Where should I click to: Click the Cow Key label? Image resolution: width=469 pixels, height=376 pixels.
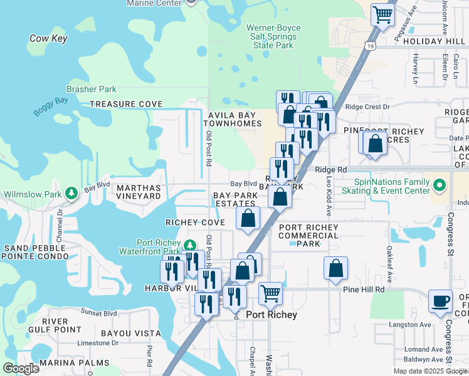48,39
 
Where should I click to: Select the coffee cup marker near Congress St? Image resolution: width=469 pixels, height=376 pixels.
440,301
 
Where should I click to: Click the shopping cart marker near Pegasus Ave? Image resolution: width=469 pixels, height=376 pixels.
382,14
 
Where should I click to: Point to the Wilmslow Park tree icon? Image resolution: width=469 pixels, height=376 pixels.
73,192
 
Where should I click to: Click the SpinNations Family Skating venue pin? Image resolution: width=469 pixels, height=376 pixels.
439,185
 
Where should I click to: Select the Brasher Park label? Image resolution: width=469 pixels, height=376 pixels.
92,90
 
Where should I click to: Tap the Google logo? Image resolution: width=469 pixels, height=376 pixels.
21,368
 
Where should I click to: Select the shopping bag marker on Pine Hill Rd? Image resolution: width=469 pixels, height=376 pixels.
336,268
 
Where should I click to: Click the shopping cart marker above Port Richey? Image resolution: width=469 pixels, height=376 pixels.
270,293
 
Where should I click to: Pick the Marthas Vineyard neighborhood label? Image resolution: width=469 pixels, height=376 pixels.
138,192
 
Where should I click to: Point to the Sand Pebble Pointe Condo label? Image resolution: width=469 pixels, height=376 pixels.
35,252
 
